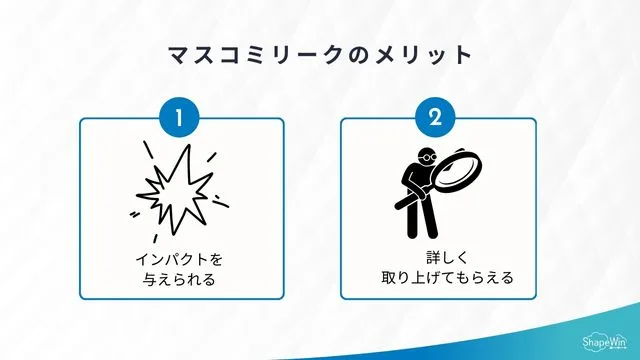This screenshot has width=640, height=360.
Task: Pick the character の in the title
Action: click(x=353, y=54)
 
